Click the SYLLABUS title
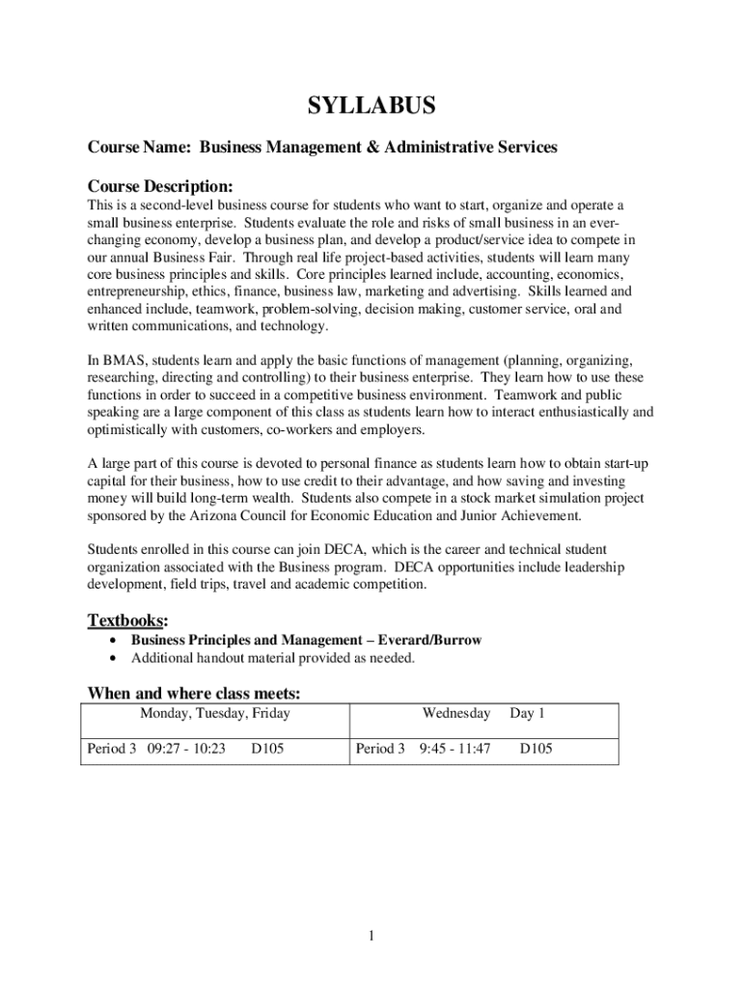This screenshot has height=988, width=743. tap(371, 106)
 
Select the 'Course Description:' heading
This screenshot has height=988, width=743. tap(160, 184)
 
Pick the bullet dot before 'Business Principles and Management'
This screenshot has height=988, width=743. tap(117, 640)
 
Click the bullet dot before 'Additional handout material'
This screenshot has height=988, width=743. tap(117, 658)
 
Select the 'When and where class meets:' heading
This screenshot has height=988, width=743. tap(194, 693)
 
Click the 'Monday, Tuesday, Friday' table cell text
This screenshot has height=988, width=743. tap(215, 713)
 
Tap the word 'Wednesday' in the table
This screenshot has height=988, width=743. tap(455, 713)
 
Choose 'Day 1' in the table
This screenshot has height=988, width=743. tap(528, 713)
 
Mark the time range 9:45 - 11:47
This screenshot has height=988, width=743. tap(454, 748)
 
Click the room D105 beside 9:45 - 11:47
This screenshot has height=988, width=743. tap(536, 748)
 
